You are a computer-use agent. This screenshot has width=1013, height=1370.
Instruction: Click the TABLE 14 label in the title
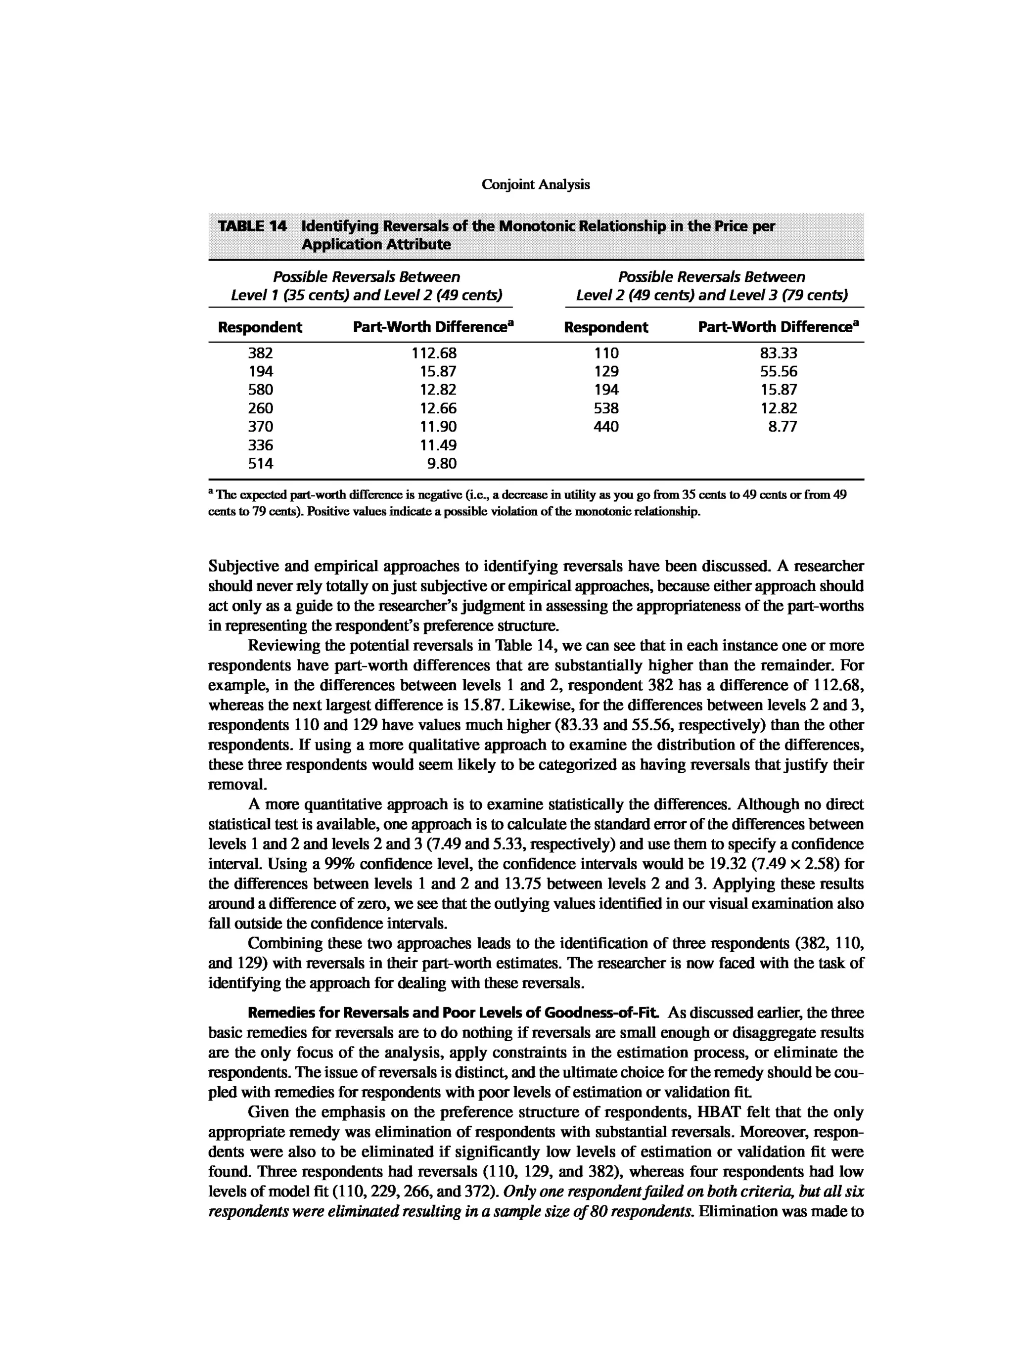coord(252,226)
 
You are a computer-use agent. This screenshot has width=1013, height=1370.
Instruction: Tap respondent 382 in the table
coord(261,353)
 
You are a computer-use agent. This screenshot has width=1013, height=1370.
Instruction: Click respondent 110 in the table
coord(606,353)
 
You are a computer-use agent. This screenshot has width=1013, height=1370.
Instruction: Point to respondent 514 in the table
coord(261,463)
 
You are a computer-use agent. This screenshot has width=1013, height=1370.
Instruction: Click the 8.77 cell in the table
coord(783,427)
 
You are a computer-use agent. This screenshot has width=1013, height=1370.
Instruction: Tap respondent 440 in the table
coord(606,427)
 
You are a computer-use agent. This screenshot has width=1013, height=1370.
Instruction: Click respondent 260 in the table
coord(261,408)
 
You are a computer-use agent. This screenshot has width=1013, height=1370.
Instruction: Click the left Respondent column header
coord(260,327)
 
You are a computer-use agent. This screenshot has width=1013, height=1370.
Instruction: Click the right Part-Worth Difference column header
coord(778,327)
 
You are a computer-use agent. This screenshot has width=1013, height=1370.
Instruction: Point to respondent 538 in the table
coord(606,408)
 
